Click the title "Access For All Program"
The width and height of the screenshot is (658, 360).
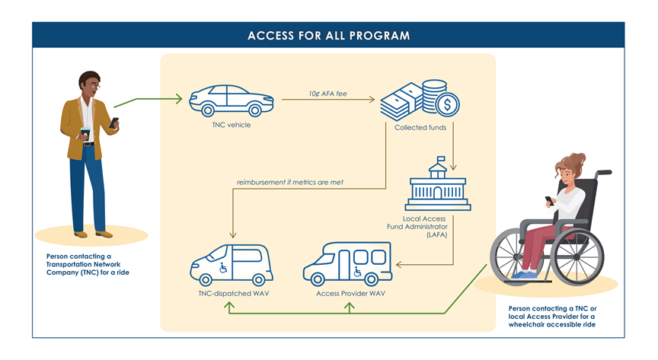pyautogui.click(x=328, y=36)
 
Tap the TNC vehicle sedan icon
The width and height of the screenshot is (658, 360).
pyautogui.click(x=232, y=100)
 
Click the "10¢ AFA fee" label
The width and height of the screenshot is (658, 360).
pyautogui.click(x=328, y=94)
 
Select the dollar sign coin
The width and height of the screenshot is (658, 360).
pyautogui.click(x=447, y=104)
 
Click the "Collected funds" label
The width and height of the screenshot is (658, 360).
pyautogui.click(x=420, y=128)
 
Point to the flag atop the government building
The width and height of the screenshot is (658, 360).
pyautogui.click(x=441, y=159)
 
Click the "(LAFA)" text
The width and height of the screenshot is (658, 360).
pyautogui.click(x=437, y=235)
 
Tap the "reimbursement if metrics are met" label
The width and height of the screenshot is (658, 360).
pyautogui.click(x=290, y=183)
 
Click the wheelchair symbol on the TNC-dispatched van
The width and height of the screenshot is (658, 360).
pyautogui.click(x=223, y=267)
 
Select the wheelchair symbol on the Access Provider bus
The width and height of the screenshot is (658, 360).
pyautogui.click(x=357, y=272)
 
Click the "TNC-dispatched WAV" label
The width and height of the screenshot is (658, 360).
pyautogui.click(x=234, y=294)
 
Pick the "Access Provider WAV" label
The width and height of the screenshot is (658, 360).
pyautogui.click(x=351, y=294)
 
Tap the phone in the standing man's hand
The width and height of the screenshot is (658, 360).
pyautogui.click(x=113, y=123)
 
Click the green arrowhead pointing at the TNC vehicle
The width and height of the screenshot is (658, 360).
pyautogui.click(x=179, y=99)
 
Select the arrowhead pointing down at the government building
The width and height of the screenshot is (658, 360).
pyautogui.click(x=453, y=167)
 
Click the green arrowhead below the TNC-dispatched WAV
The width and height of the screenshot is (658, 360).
pyautogui.click(x=229, y=307)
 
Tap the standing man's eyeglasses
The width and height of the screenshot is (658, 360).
pyautogui.click(x=95, y=86)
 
